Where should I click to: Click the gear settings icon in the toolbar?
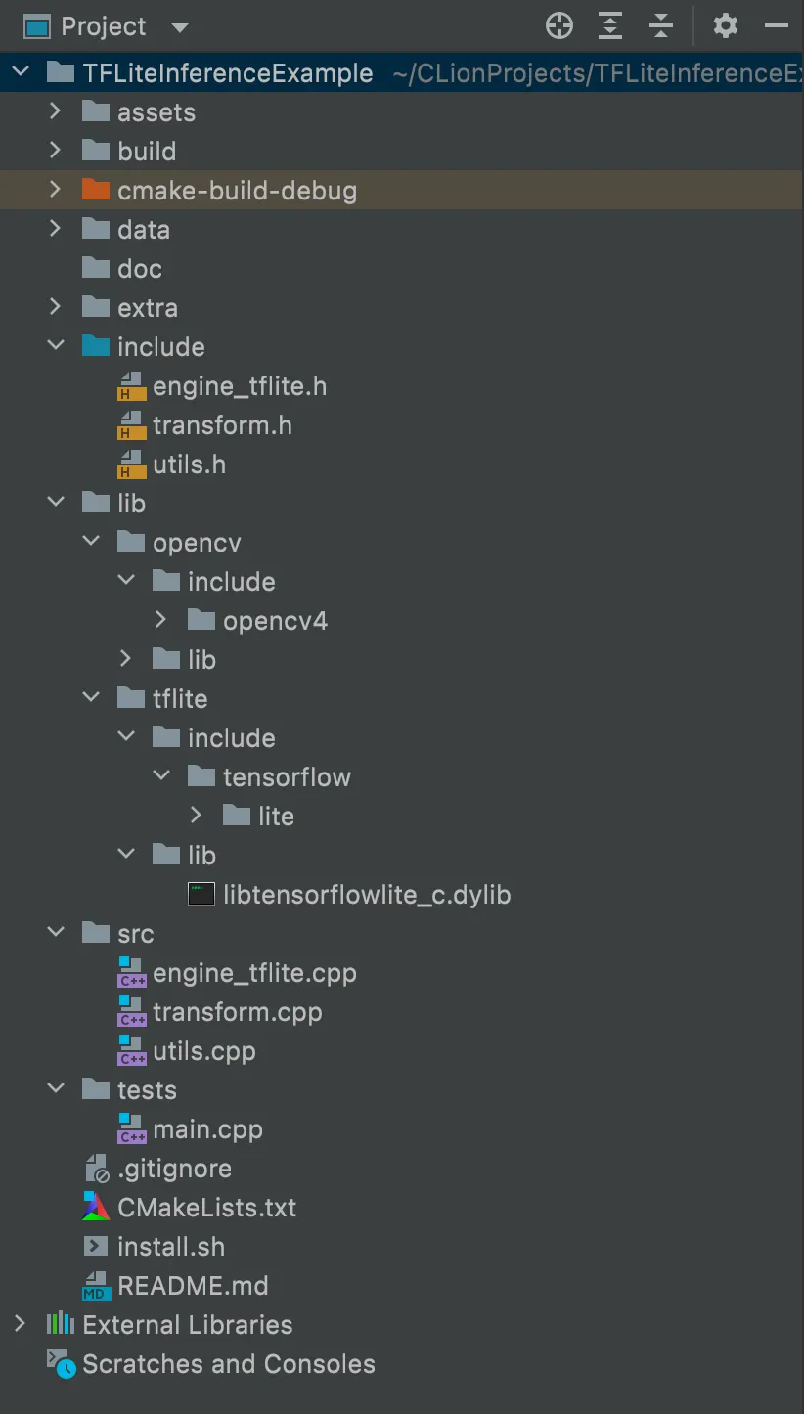pyautogui.click(x=725, y=26)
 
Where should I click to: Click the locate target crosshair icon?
pyautogui.click(x=559, y=26)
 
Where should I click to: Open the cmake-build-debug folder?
pyautogui.click(x=237, y=191)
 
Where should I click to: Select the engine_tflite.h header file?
pyautogui.click(x=239, y=386)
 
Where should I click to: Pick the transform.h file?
pyautogui.click(x=222, y=425)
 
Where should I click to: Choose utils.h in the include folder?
pyautogui.click(x=189, y=464)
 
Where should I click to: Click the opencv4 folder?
pyautogui.click(x=275, y=621)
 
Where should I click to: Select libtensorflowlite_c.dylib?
pyautogui.click(x=367, y=895)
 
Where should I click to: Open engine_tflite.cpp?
pyautogui.click(x=254, y=973)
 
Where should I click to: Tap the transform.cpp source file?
pyautogui.click(x=237, y=1012)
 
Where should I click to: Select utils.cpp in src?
pyautogui.click(x=203, y=1051)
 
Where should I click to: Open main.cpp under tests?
pyautogui.click(x=207, y=1129)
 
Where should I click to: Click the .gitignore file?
pyautogui.click(x=174, y=1169)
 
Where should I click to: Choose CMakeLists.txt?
pyautogui.click(x=206, y=1208)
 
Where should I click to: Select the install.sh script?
pyautogui.click(x=170, y=1247)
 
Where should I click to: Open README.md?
pyautogui.click(x=192, y=1286)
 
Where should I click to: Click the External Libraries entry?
pyautogui.click(x=187, y=1325)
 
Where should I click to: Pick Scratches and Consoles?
pyautogui.click(x=228, y=1364)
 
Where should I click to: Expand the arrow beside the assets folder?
pyautogui.click(x=55, y=112)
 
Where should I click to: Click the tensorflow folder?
pyautogui.click(x=287, y=777)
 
